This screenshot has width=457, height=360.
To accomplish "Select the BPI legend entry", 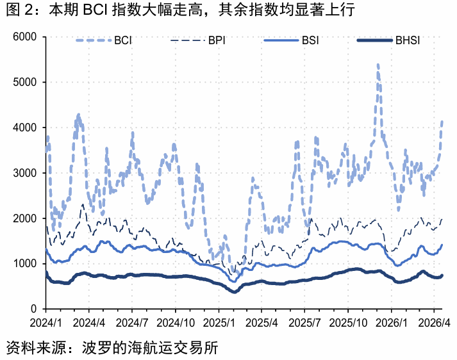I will [198, 42].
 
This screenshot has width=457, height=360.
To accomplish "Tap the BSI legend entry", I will [292, 42].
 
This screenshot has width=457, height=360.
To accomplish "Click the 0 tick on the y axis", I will [36, 309].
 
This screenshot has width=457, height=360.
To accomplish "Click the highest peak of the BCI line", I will [378, 65].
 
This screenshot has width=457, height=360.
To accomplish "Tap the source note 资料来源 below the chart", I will [112, 347].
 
